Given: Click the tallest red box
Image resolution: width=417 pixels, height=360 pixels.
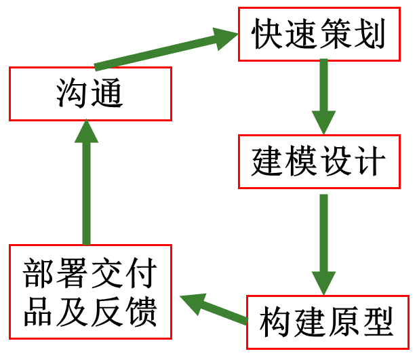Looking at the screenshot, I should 90,292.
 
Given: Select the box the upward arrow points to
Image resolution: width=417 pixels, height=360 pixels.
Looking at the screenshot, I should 90,94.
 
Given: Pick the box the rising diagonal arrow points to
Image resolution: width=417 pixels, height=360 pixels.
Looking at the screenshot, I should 319,34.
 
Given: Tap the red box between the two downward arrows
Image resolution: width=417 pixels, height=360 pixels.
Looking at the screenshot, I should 319,161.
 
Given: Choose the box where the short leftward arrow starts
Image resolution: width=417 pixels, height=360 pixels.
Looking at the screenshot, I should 327,322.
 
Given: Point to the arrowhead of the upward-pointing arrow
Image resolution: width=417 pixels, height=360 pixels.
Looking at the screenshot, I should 87,132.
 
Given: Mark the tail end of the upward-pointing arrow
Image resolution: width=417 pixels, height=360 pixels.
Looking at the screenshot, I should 87,242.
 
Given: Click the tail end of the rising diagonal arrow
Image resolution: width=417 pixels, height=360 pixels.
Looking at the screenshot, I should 97,66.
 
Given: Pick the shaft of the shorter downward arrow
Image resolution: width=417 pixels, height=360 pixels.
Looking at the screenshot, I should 324,85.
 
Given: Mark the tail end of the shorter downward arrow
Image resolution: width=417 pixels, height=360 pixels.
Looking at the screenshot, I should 324,61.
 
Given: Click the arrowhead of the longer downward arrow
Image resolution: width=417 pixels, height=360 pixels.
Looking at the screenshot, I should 324,283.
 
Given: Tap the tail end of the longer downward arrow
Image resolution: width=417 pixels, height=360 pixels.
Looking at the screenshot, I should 324,197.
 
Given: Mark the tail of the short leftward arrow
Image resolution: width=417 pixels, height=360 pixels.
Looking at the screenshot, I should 245,321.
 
